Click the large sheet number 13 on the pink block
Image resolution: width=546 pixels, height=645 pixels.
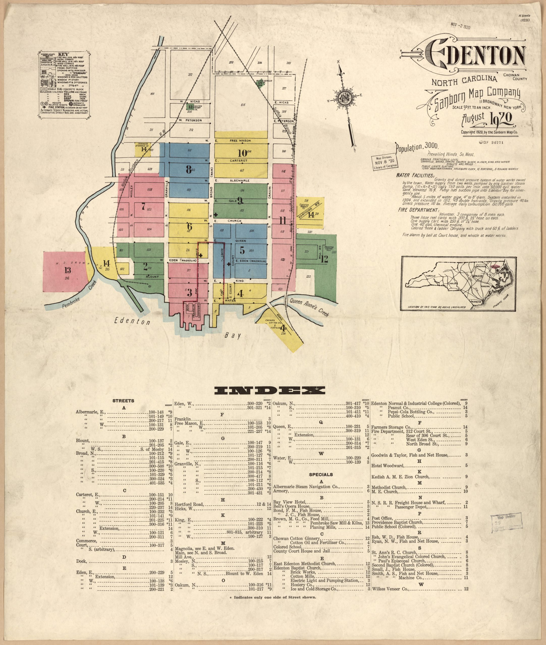click(x=67, y=270)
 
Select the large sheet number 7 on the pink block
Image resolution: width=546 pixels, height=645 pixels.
click(x=143, y=207)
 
